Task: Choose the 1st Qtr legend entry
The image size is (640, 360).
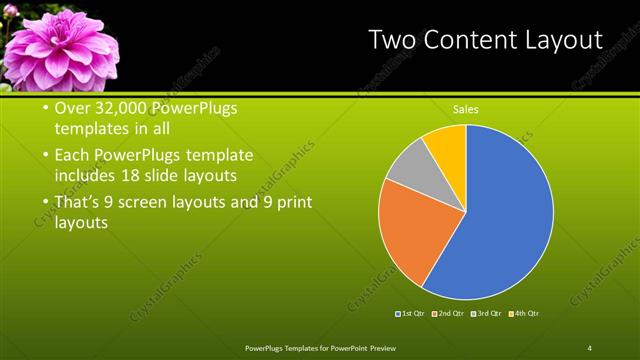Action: tap(411, 314)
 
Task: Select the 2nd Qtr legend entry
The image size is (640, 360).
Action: tap(449, 314)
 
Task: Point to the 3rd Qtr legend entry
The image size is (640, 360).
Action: tap(486, 314)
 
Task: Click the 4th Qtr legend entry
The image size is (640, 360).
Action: tap(524, 314)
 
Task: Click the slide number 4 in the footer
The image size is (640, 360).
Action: tap(590, 347)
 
